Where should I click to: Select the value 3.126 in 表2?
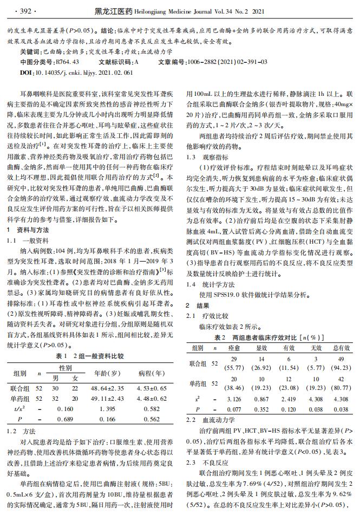[x=233, y=399]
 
